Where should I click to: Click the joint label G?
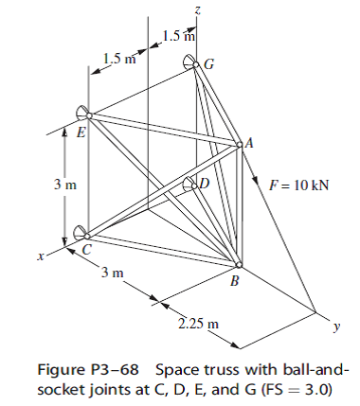point(209,64)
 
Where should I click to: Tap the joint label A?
point(250,143)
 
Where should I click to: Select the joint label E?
point(81,132)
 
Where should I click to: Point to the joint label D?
point(204,182)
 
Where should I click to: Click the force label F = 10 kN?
point(298,185)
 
